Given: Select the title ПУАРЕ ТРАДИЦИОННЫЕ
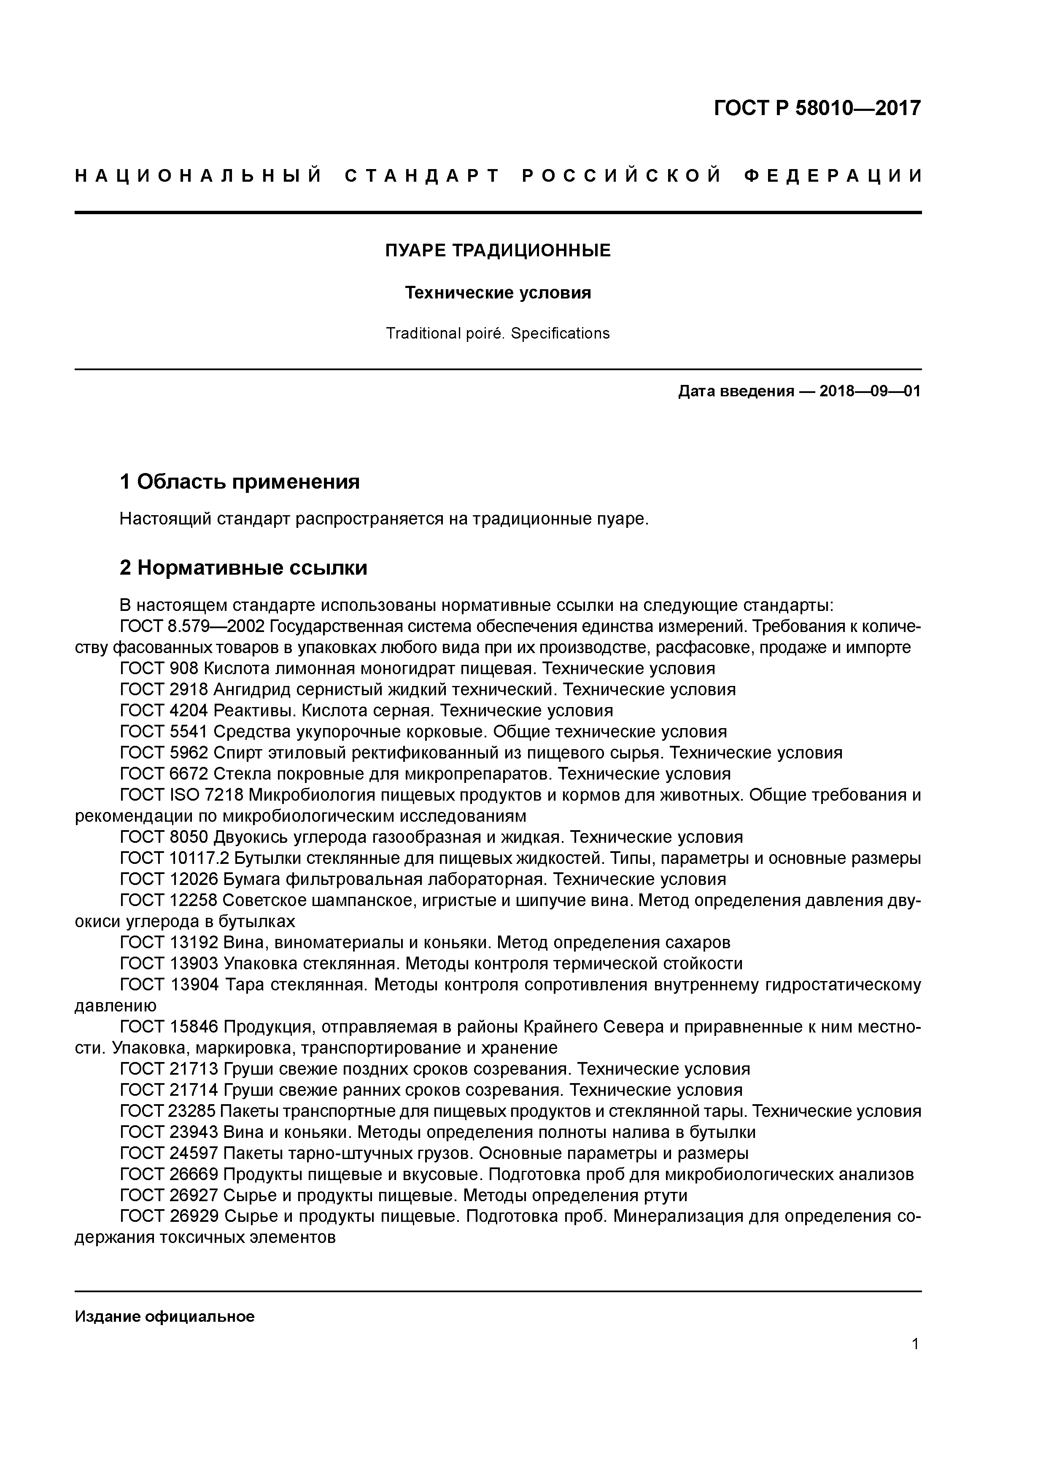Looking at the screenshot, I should pos(498,250).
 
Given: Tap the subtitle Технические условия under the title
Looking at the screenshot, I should pos(498,293).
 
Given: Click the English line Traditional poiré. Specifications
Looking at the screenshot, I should pos(498,333).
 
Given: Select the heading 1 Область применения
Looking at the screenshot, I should pos(239,481).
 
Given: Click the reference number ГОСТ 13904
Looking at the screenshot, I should pos(170,985).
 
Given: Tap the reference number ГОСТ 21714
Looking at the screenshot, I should pos(170,1090).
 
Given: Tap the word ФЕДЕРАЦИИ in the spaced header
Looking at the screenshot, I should pos(833,176).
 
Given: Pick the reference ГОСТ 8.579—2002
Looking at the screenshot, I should pos(192,626).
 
